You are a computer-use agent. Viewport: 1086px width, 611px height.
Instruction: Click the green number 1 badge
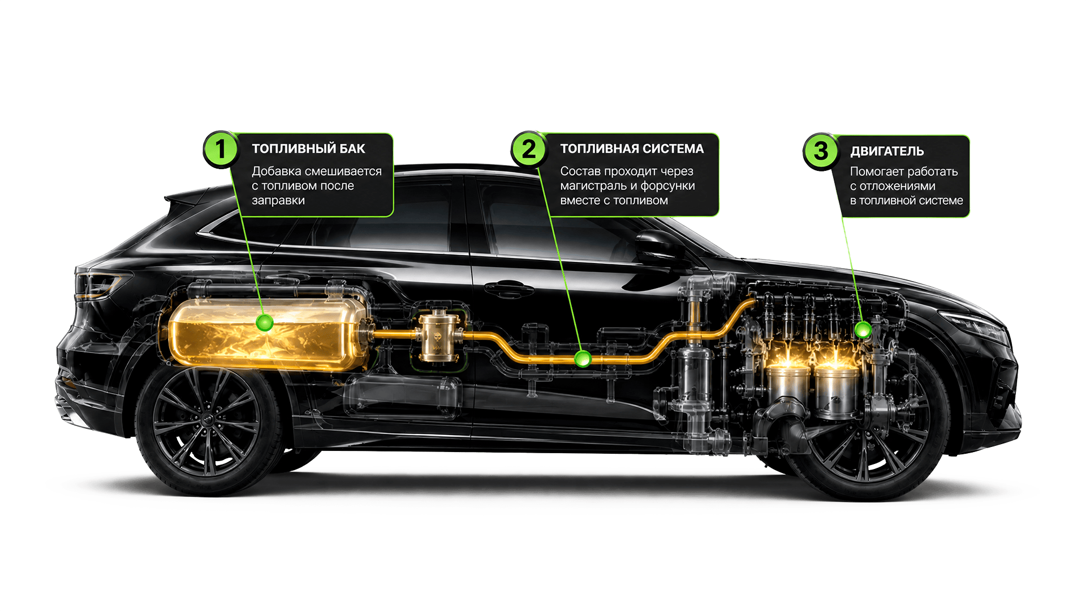pyautogui.click(x=220, y=149)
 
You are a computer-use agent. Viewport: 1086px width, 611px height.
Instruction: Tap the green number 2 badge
pyautogui.click(x=528, y=149)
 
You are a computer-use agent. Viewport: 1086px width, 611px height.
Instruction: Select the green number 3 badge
pyautogui.click(x=820, y=151)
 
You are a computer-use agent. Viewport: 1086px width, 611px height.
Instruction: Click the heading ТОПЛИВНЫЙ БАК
pyautogui.click(x=308, y=149)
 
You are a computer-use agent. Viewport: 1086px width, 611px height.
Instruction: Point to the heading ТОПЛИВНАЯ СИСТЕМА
pyautogui.click(x=632, y=149)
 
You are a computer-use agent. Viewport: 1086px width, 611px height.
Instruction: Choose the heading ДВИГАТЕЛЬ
pyautogui.click(x=887, y=151)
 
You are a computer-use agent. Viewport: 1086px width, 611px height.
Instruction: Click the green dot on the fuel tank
pyautogui.click(x=265, y=323)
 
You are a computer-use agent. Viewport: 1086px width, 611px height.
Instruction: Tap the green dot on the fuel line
pyautogui.click(x=583, y=359)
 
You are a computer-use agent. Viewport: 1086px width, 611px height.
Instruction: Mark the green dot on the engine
pyautogui.click(x=863, y=330)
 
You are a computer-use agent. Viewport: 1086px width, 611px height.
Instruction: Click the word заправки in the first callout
pyautogui.click(x=278, y=201)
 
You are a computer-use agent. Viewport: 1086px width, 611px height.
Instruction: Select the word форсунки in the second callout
pyautogui.click(x=667, y=186)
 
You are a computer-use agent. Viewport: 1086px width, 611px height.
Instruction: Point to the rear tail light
pyautogui.click(x=101, y=285)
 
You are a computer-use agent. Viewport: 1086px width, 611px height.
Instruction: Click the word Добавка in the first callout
pyautogui.click(x=277, y=171)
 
